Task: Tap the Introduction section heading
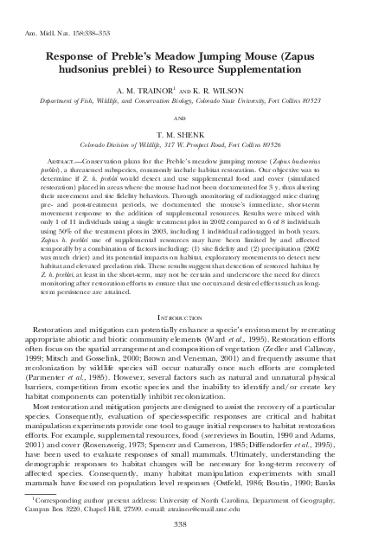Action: point(185,319)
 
